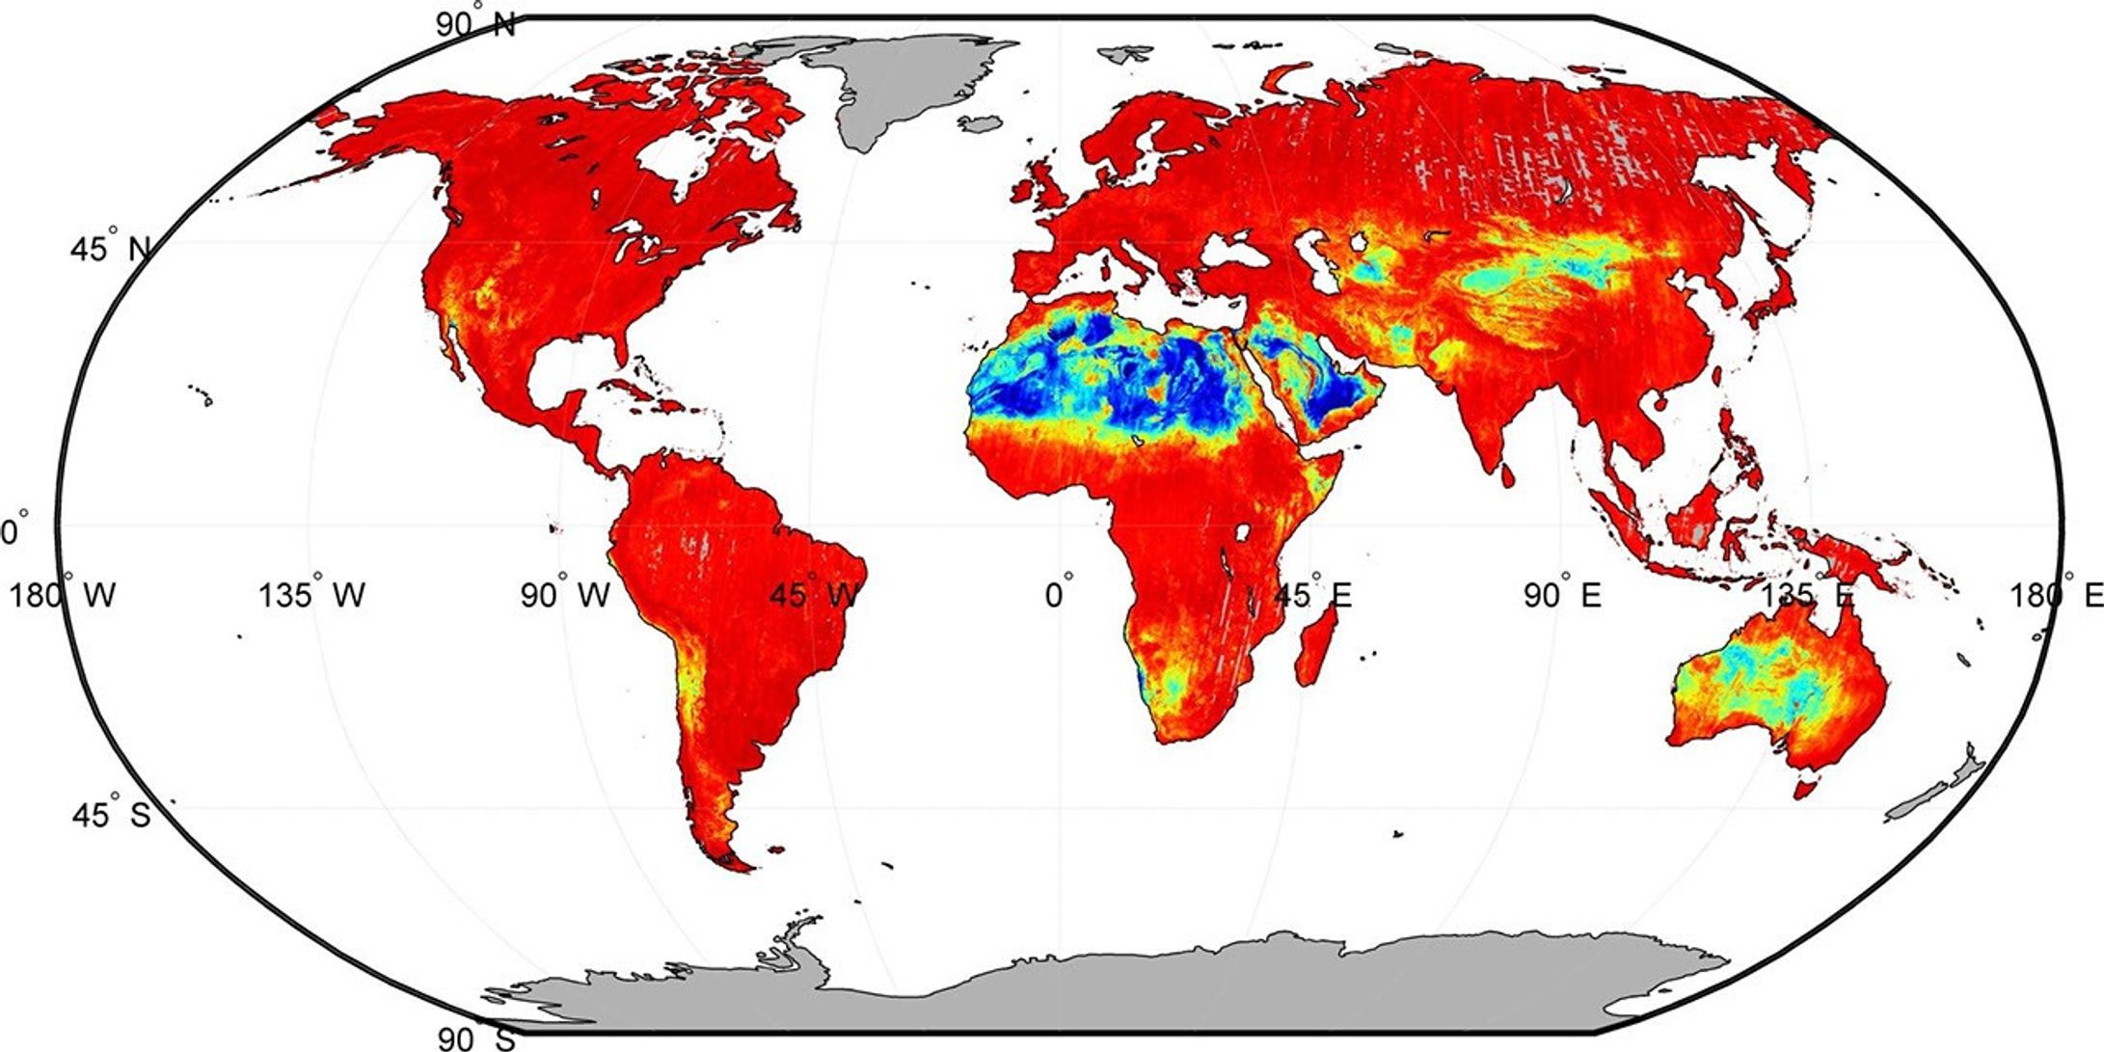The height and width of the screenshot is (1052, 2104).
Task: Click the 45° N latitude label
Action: pyautogui.click(x=110, y=249)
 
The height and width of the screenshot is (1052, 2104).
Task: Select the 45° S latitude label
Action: pyautogui.click(x=111, y=815)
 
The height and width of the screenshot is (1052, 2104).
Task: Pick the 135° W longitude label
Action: pyautogui.click(x=311, y=595)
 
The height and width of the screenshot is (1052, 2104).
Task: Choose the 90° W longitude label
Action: pyautogui.click(x=566, y=595)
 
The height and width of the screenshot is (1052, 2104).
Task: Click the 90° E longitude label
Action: pyautogui.click(x=1562, y=595)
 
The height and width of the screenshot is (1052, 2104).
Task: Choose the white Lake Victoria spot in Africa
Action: pyautogui.click(x=1242, y=532)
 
